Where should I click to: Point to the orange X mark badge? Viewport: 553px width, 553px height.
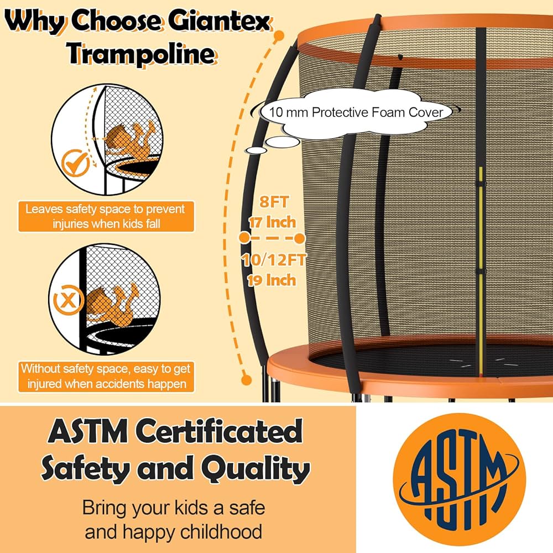68,300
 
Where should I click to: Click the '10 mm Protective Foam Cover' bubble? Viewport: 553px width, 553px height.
357,112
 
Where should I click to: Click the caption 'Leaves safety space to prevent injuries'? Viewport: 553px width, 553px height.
105,216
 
